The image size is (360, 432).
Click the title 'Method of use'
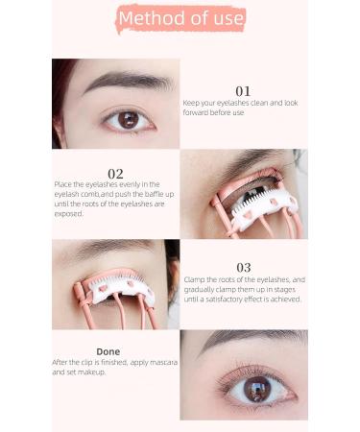pyautogui.click(x=180, y=18)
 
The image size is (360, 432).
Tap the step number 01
pyautogui.click(x=243, y=92)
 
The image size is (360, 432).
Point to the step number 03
pyautogui.click(x=243, y=268)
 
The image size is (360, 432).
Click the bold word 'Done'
pyautogui.click(x=108, y=351)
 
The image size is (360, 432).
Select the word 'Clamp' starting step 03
pyautogui.click(x=195, y=279)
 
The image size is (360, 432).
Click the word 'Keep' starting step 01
pyautogui.click(x=192, y=102)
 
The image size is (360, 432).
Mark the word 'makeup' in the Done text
pyautogui.click(x=91, y=371)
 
